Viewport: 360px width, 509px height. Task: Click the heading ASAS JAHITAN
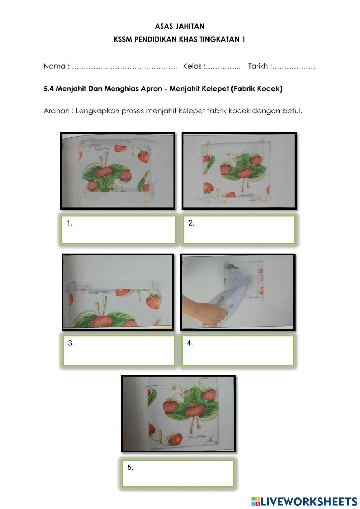(180, 26)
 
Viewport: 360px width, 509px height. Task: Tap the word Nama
(54, 66)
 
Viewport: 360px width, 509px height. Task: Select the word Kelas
(192, 66)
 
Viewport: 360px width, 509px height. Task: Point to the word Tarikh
(258, 66)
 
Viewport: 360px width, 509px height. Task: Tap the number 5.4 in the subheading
(49, 89)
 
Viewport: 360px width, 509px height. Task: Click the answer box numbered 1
(118, 230)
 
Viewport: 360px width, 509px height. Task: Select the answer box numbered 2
(239, 230)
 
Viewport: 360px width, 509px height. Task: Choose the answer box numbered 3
(119, 351)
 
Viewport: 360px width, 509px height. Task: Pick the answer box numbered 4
(238, 351)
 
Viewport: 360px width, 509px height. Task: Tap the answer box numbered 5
(178, 474)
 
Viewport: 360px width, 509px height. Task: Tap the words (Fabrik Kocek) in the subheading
(257, 89)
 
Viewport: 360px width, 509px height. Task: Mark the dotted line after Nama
(124, 68)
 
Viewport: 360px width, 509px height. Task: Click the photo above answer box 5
(178, 414)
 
